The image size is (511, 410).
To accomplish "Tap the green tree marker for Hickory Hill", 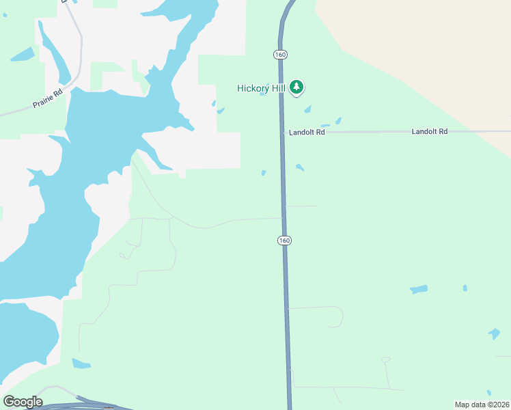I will pyautogui.click(x=296, y=87).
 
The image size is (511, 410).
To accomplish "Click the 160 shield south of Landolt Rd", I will pyautogui.click(x=284, y=241).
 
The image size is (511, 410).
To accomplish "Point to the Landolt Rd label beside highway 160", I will pyautogui.click(x=306, y=133).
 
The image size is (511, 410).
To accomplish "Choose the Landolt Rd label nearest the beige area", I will pyautogui.click(x=429, y=131).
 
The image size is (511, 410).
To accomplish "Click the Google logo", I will pyautogui.click(x=23, y=402).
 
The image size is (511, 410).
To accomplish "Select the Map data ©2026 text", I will pyautogui.click(x=482, y=404).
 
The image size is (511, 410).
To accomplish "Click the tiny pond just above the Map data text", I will pyautogui.click(x=494, y=334).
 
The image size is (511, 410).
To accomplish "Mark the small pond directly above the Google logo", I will pyautogui.click(x=81, y=364).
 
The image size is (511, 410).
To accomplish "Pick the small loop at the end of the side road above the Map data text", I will pyautogui.click(x=385, y=359).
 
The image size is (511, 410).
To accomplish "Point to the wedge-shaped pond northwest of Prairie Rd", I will pyautogui.click(x=22, y=54).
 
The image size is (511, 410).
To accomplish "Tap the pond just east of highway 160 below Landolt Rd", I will pyautogui.click(x=300, y=167).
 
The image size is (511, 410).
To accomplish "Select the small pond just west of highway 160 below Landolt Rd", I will pyautogui.click(x=264, y=173).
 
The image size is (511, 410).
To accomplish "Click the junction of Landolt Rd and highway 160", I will pyautogui.click(x=282, y=132).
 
